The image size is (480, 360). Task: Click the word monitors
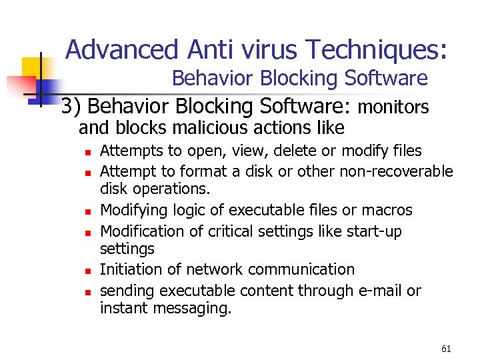coord(393,107)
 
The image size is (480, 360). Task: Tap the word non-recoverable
coord(396,171)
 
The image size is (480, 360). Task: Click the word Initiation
coord(129,269)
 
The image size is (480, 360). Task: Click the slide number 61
coord(446,348)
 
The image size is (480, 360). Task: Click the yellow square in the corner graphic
coord(33,67)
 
